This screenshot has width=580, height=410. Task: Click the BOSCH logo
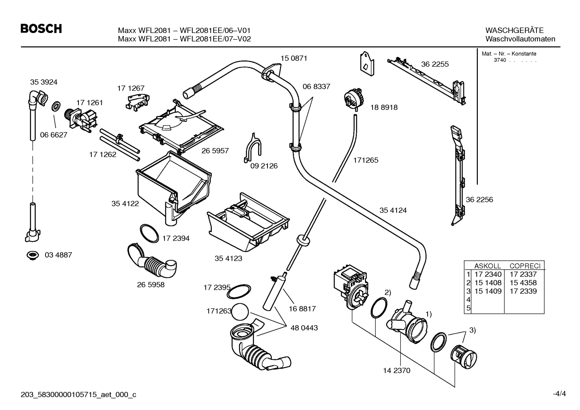pos(41,29)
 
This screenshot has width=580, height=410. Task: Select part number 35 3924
pos(43,82)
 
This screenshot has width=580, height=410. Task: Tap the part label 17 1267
pos(131,88)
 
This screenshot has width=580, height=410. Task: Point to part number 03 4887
pos(58,255)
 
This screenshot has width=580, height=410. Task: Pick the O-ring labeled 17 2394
pos(149,233)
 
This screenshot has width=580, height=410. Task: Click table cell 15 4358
pos(523,283)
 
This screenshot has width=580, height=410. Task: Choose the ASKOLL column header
pos(487,266)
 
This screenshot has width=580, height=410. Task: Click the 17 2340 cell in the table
pos(488,274)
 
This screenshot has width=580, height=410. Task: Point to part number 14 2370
pos(397,371)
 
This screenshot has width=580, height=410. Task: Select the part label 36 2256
pos(479,200)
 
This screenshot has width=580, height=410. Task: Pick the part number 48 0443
pos(304,328)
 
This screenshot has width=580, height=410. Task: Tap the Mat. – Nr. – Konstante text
pos(509,54)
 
